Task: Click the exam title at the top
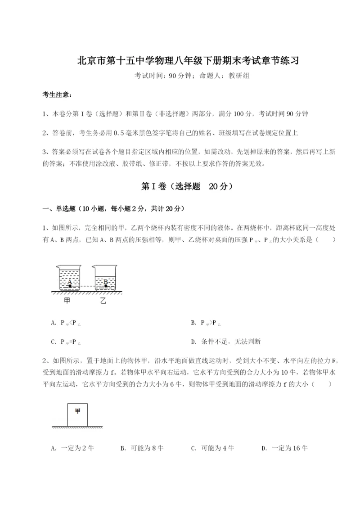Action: point(180,60)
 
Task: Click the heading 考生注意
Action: point(56,95)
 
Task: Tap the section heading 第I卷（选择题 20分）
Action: point(180,186)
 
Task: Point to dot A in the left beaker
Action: point(70,285)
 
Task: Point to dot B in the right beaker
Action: point(105,285)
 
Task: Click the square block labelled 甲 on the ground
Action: point(77,414)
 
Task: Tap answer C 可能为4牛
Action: point(213,448)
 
